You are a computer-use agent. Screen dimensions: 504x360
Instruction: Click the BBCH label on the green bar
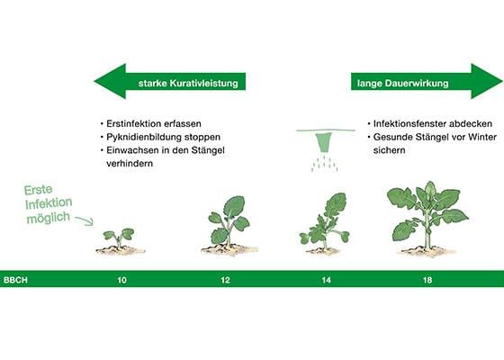(x=15, y=280)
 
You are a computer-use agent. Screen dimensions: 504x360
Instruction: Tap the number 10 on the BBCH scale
(x=121, y=280)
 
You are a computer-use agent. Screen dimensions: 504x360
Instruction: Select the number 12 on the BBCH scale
(x=225, y=280)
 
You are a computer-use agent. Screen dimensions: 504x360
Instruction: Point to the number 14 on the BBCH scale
(x=326, y=280)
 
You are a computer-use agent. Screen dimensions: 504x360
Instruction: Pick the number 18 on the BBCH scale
(x=427, y=280)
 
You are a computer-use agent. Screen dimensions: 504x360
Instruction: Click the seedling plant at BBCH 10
(x=120, y=240)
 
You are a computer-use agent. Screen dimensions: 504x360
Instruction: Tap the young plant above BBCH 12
(x=229, y=225)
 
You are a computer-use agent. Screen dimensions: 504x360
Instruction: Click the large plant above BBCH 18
(x=427, y=219)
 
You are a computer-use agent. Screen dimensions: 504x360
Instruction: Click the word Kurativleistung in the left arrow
(x=203, y=84)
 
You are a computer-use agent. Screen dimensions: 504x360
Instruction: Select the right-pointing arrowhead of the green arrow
(x=486, y=81)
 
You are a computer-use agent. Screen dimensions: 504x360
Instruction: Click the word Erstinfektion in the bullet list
(x=135, y=124)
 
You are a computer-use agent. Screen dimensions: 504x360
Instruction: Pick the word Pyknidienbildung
(x=144, y=137)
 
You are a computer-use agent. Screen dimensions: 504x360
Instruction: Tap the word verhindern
(x=130, y=163)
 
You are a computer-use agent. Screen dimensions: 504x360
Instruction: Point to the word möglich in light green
(x=49, y=218)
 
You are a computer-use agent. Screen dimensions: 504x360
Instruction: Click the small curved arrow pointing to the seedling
(x=85, y=220)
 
